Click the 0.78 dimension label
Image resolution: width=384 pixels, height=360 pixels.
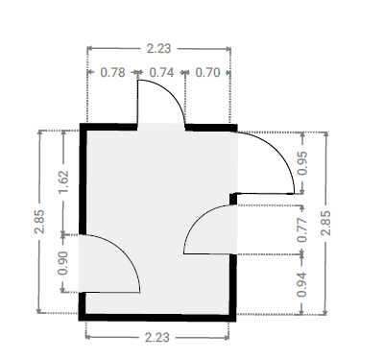pyautogui.click(x=112, y=73)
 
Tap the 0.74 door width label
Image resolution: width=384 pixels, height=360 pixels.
pyautogui.click(x=161, y=73)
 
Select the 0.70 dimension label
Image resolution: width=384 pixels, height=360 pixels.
pyautogui.click(x=207, y=73)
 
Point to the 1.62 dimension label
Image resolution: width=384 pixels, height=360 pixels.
pyautogui.click(x=63, y=181)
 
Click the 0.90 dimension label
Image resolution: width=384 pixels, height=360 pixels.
pyautogui.click(x=63, y=263)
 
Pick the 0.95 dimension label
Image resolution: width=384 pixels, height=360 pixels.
pyautogui.click(x=302, y=163)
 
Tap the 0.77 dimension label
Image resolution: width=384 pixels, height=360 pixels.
pyautogui.click(x=302, y=229)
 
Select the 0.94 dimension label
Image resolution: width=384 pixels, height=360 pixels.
pyautogui.click(x=301, y=284)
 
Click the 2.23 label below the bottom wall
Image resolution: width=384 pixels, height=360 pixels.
pyautogui.click(x=157, y=337)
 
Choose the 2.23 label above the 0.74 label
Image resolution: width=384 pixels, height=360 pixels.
pyautogui.click(x=159, y=49)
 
